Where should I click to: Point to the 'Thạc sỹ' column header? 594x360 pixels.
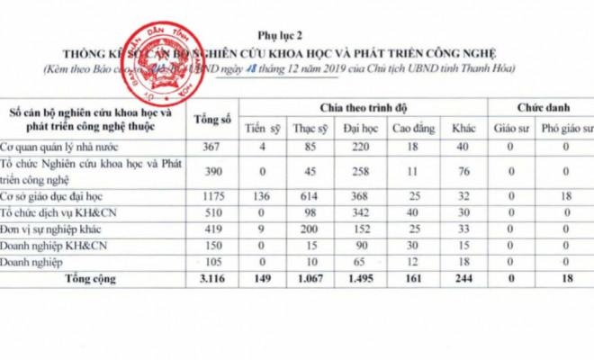point(311,128)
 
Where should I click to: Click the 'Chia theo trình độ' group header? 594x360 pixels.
point(364,107)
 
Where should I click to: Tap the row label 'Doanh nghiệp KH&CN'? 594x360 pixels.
point(54,245)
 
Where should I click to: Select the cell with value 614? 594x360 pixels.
point(311,195)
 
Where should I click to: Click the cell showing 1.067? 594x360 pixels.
point(311,279)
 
